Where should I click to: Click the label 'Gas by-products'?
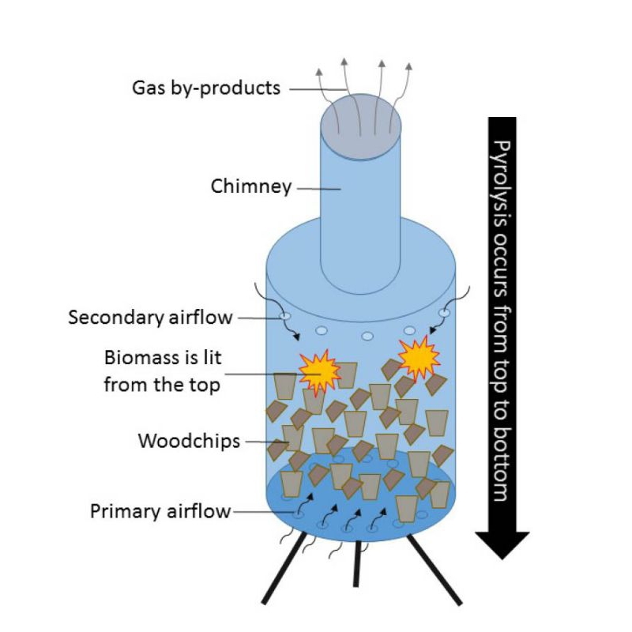point(205,87)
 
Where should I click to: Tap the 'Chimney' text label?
point(250,187)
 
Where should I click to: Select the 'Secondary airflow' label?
point(150,318)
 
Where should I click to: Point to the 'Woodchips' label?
point(189,441)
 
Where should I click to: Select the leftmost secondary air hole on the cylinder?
point(285,318)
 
